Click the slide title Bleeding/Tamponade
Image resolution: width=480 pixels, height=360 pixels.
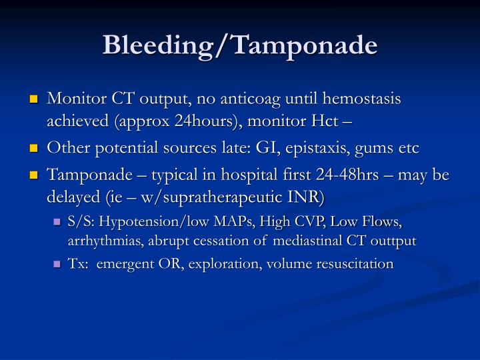coord(240,45)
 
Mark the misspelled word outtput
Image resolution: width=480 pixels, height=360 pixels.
coord(393,241)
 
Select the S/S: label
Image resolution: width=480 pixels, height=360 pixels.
coord(82,221)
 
